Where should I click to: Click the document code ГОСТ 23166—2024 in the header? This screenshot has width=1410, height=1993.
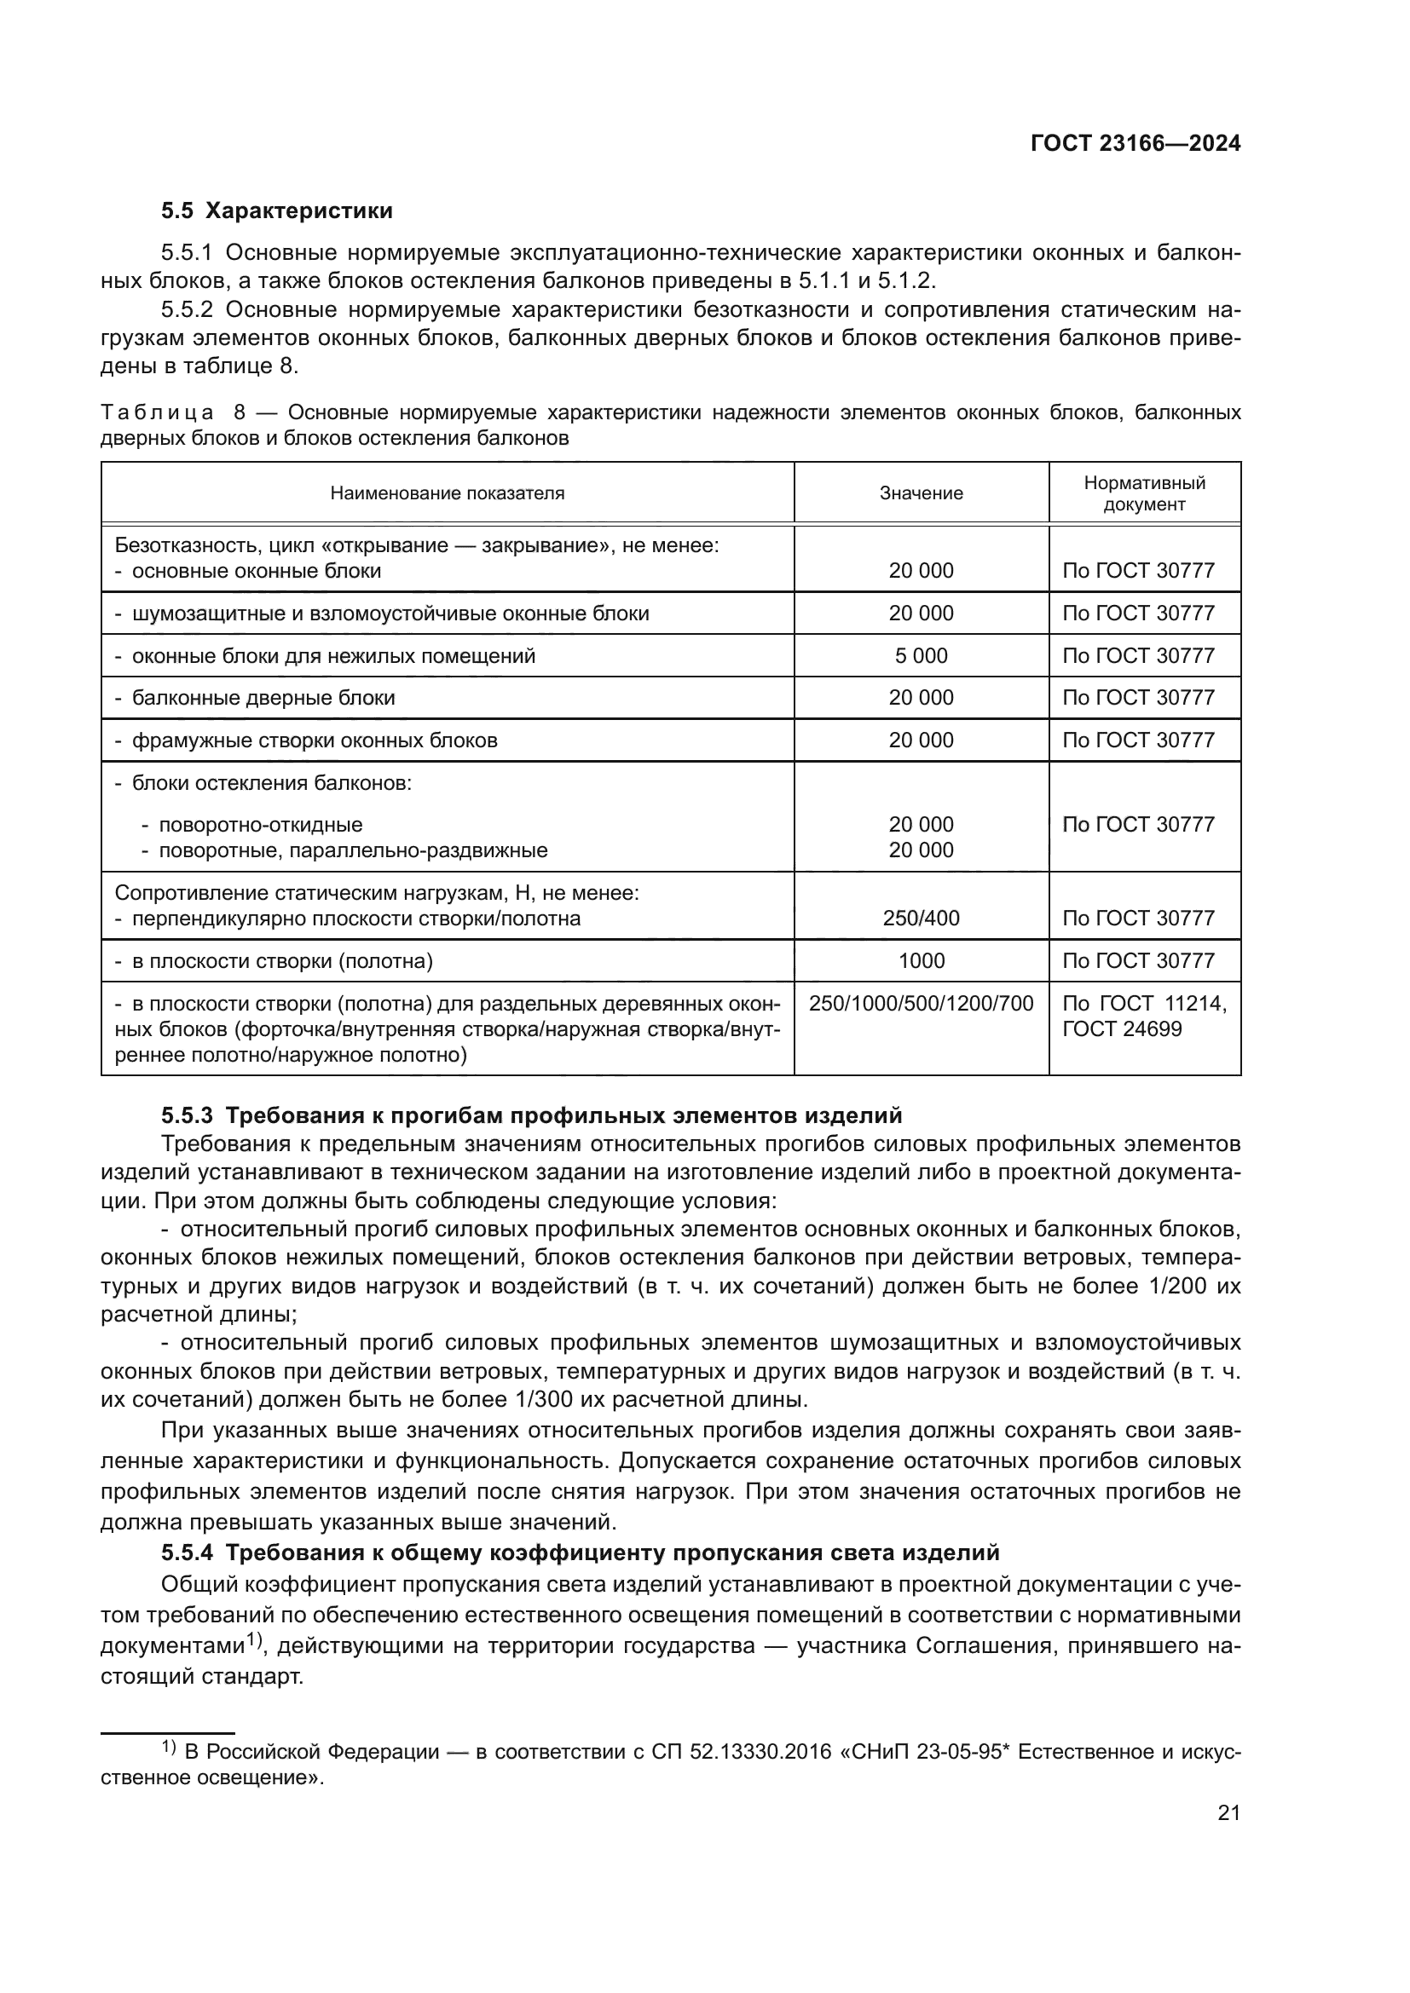coord(1135,144)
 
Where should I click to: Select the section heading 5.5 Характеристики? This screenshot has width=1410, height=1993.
coord(277,211)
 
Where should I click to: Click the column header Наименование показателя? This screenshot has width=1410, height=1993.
coord(448,493)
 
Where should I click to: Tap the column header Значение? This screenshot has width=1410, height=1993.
coord(921,493)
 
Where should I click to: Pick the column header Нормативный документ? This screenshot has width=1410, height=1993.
coord(1143,493)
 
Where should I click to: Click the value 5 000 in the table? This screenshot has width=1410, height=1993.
coord(921,655)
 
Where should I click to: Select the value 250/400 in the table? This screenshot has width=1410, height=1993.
coord(921,918)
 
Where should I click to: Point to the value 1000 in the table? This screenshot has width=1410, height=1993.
coord(921,960)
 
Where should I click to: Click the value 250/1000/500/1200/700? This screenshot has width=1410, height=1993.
coord(921,1004)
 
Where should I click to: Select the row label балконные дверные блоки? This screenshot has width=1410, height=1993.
coord(263,698)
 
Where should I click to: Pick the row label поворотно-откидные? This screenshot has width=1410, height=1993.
coord(260,825)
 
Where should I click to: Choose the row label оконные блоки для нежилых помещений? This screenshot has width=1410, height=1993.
coord(333,655)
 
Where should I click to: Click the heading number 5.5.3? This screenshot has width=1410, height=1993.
coord(187,1115)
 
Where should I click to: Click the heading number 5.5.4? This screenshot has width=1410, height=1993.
coord(187,1552)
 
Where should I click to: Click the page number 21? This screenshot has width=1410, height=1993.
coord(1228,1813)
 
